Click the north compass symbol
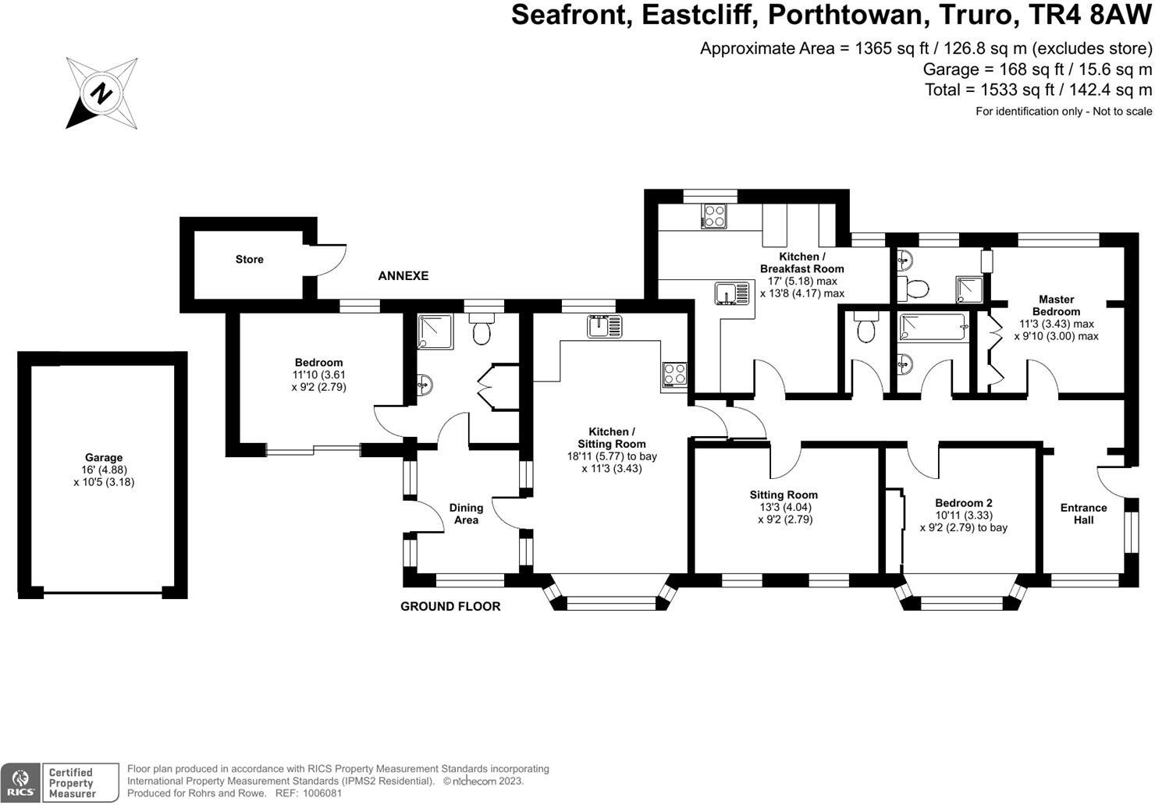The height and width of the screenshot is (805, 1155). [x=101, y=93]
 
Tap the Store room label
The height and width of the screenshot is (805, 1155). [x=250, y=259]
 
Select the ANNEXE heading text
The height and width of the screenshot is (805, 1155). [x=403, y=276]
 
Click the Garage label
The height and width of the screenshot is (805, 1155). [x=104, y=458]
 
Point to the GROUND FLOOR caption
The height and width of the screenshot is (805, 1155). [x=450, y=606]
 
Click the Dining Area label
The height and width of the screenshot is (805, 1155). [x=466, y=513]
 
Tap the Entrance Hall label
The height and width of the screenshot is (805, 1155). [x=1083, y=513]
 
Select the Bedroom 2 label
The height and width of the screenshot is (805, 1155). [x=964, y=503]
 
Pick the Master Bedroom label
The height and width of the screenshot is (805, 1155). [x=1057, y=305]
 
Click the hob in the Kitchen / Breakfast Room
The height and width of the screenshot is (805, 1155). [x=714, y=215]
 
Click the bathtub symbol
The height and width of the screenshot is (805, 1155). [x=934, y=328]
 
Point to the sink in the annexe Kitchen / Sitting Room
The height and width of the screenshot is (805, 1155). [x=605, y=326]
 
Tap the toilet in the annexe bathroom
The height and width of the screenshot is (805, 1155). [x=481, y=331]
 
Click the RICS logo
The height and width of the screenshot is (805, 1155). [x=20, y=782]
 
